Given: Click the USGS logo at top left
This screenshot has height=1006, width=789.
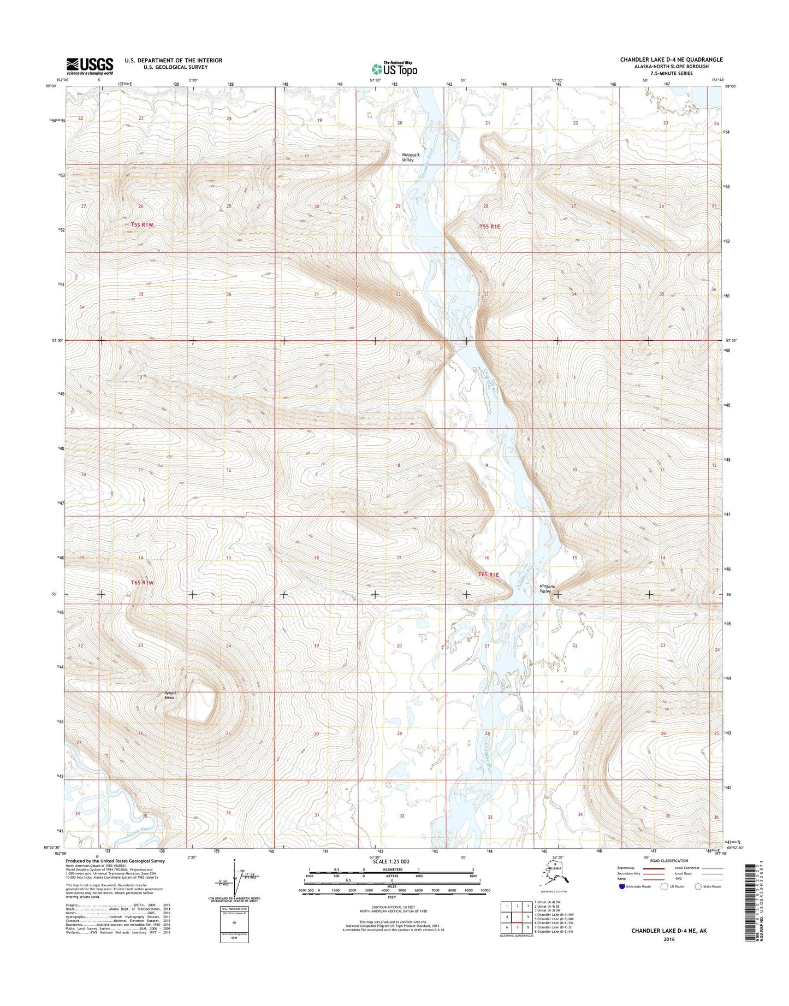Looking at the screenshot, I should pos(90,66).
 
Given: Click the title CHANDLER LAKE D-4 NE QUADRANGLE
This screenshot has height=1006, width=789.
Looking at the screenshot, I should pos(671,60).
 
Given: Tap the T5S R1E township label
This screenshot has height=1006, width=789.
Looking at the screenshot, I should pos(489,226).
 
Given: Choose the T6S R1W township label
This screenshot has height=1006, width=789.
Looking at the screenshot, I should pos(143,583).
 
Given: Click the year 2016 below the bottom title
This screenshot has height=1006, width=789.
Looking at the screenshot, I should pos(670,955).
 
